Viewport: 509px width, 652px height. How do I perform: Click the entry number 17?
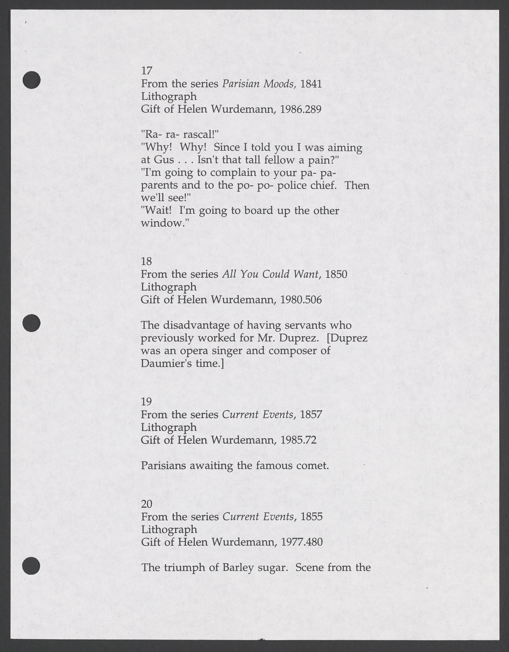147,71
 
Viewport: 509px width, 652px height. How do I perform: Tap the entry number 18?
146,262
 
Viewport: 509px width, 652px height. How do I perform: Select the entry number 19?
146,402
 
